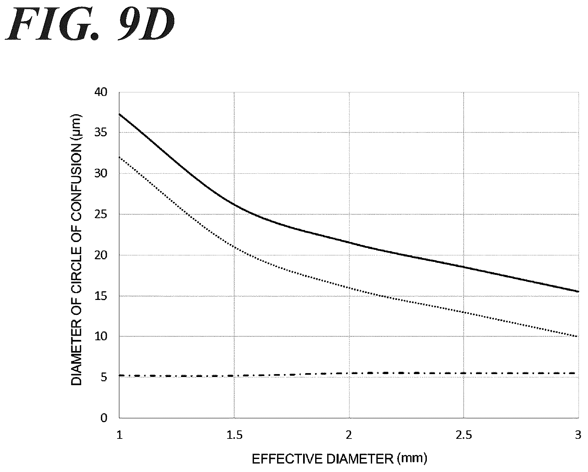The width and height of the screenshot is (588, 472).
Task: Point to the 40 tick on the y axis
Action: [x=100, y=92]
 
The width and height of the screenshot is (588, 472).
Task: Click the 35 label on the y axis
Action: [x=100, y=133]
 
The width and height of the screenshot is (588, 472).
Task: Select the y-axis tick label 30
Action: [x=100, y=174]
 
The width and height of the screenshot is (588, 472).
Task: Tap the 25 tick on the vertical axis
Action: [x=100, y=215]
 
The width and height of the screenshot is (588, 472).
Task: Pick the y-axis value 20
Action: [x=100, y=255]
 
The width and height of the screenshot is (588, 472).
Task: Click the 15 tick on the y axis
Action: [x=100, y=296]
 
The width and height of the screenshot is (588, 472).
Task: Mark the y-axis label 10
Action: [x=100, y=337]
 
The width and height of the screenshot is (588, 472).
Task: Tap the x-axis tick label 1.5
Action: [x=234, y=435]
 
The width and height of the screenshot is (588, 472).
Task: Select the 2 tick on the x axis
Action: [x=349, y=435]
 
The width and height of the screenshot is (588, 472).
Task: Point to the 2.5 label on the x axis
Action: [x=464, y=435]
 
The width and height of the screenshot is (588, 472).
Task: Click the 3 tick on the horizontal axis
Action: [x=578, y=435]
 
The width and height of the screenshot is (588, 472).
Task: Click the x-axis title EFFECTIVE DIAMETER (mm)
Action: [x=339, y=459]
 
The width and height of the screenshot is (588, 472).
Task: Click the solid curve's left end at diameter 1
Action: [x=119, y=114]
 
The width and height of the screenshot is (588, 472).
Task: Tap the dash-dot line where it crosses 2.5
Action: [x=464, y=373]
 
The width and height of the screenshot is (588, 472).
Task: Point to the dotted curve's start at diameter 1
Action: [x=119, y=157]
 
